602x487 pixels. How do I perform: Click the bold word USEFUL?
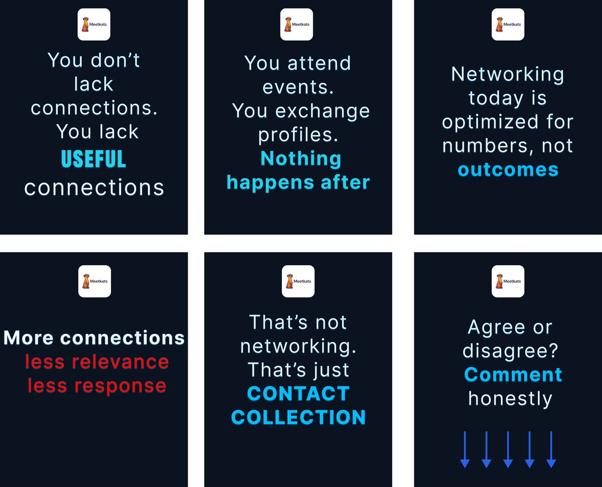coord(93,158)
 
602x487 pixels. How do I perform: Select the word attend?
coord(319,64)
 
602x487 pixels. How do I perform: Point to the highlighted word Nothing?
coord(301,158)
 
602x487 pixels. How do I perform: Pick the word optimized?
coord(489,122)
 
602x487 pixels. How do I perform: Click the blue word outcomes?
coord(508,170)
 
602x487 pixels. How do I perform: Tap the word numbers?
coord(480,146)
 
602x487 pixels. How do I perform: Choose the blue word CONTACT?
coord(298,394)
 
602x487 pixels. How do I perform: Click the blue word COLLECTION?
coord(298,417)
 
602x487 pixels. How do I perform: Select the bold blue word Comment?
coord(513,375)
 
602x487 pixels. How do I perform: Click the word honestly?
coord(510,399)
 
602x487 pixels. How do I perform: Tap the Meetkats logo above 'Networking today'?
coord(508,24)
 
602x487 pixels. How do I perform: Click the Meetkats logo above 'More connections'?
coord(94,281)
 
